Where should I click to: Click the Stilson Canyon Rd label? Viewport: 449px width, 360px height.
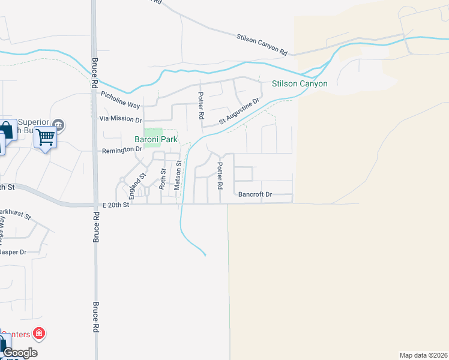point(262,44)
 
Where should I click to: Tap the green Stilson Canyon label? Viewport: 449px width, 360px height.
point(300,83)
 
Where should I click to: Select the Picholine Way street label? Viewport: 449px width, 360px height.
point(120,99)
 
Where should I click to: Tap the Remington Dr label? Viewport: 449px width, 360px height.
point(122,149)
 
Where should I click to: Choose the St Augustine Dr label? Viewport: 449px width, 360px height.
point(238,112)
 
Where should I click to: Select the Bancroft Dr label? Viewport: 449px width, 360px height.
point(255,194)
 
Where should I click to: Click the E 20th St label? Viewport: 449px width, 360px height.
point(115,205)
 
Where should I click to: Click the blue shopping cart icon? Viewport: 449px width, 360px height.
point(45,137)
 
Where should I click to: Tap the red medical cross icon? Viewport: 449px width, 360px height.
point(39,332)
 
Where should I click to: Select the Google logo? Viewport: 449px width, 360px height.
point(20,353)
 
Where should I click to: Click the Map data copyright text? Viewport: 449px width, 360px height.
point(423,355)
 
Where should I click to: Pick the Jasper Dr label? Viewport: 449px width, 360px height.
point(13,252)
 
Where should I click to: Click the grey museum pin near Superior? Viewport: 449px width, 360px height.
point(58,125)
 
